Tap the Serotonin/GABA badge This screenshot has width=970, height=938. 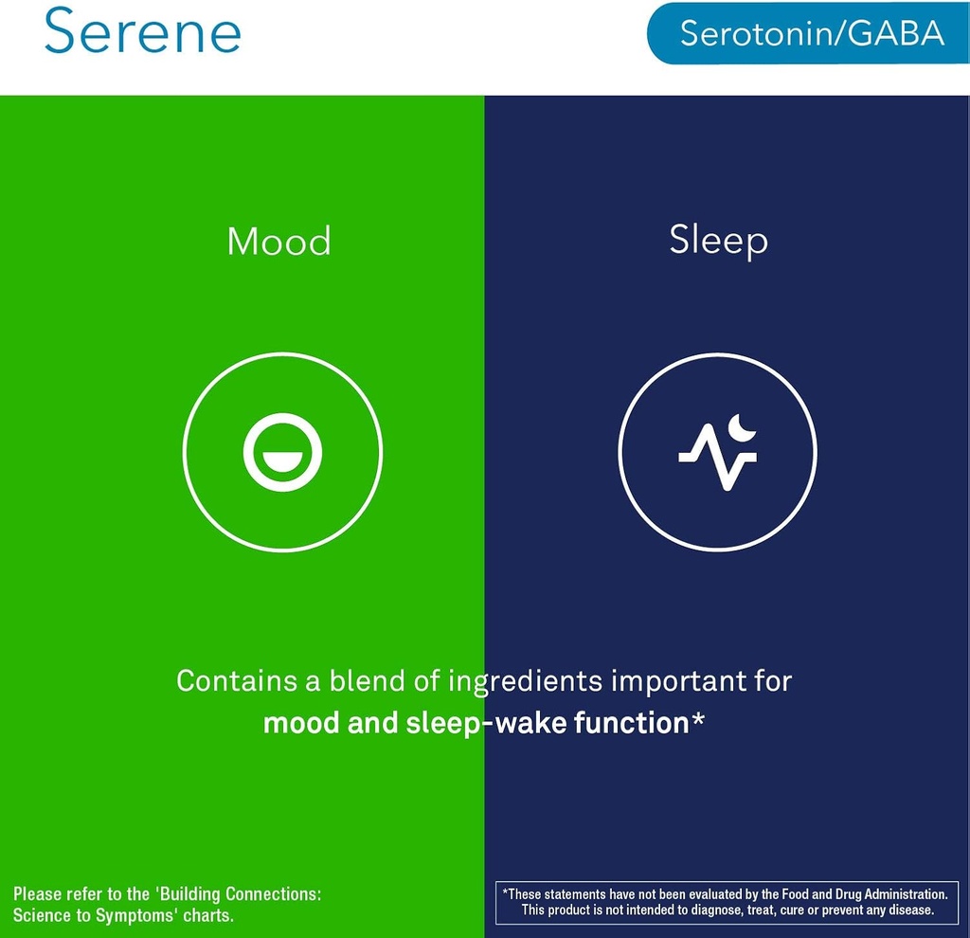811,33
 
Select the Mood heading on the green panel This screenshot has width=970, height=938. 279,242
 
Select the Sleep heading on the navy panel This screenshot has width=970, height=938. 718,240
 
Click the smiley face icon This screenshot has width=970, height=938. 282,452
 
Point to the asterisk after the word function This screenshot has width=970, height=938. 698,719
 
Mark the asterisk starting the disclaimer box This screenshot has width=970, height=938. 506,893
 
